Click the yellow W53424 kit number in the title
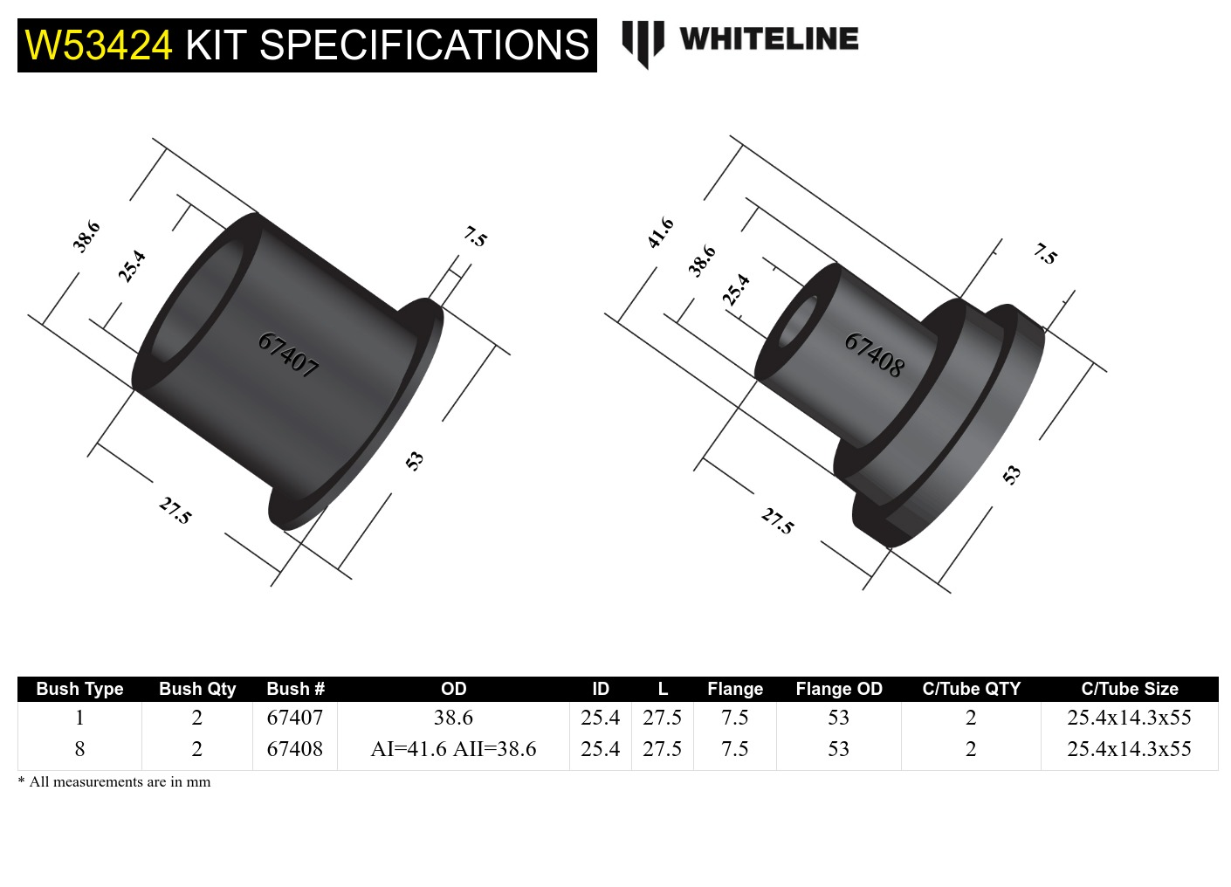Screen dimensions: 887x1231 99,45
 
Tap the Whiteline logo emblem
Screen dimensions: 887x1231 643,42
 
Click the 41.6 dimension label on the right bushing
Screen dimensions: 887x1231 661,233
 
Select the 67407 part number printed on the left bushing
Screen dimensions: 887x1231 288,354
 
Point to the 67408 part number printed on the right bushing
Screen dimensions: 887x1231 874,354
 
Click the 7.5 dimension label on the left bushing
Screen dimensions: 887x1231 475,237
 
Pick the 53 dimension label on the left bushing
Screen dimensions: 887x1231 415,460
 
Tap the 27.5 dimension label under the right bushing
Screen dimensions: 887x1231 777,521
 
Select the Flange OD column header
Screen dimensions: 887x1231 838,689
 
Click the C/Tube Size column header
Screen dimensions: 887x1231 1129,689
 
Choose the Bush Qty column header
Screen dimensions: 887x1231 197,689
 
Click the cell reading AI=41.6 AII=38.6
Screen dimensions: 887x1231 453,749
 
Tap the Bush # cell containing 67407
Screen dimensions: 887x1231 294,718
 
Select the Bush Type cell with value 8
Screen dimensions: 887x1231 79,749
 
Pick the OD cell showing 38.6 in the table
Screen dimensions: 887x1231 453,718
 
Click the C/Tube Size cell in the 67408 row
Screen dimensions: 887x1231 1129,749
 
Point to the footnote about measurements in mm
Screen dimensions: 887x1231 114,781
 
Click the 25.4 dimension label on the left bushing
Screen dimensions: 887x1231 132,266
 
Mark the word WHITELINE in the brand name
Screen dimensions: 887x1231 768,39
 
